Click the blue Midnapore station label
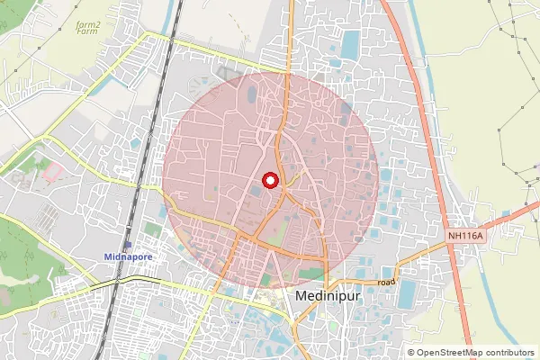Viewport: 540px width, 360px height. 128,256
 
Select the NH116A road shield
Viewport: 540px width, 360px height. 465,236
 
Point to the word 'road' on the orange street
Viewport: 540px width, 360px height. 387,282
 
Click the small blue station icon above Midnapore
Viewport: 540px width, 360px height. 128,245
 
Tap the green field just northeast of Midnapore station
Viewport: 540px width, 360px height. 152,230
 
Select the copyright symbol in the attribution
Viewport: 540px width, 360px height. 411,352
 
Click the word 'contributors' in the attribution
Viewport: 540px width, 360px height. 507,352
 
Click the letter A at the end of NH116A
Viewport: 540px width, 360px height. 480,236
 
